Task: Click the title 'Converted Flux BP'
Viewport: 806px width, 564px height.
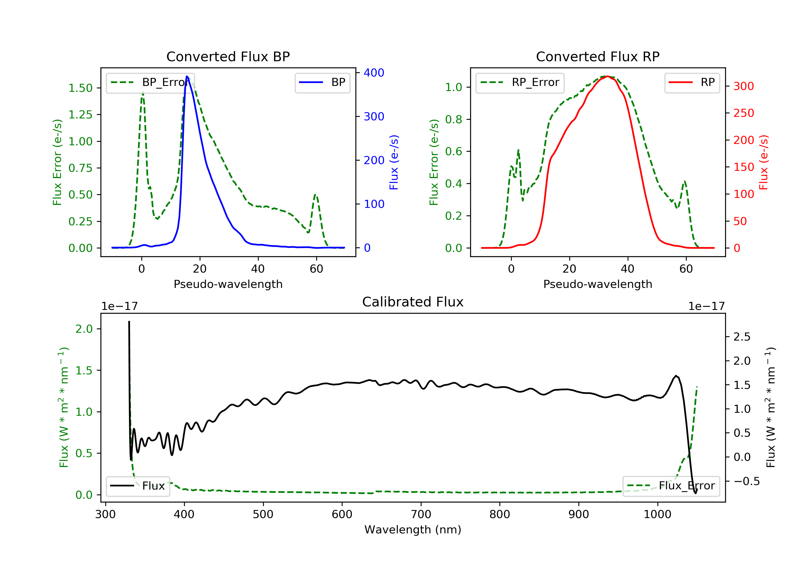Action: tap(228, 56)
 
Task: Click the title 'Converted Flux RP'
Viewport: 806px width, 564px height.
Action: tap(598, 56)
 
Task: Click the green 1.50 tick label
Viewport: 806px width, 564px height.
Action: tap(80, 88)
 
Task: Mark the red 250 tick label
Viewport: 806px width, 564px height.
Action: tap(743, 113)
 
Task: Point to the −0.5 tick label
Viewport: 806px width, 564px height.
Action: tap(746, 481)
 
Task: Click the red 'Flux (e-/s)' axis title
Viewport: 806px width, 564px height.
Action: tap(764, 162)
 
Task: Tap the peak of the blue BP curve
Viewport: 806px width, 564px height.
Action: tap(187, 76)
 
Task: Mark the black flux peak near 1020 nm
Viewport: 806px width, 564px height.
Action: tap(676, 376)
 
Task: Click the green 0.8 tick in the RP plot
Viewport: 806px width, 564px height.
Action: tap(453, 119)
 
